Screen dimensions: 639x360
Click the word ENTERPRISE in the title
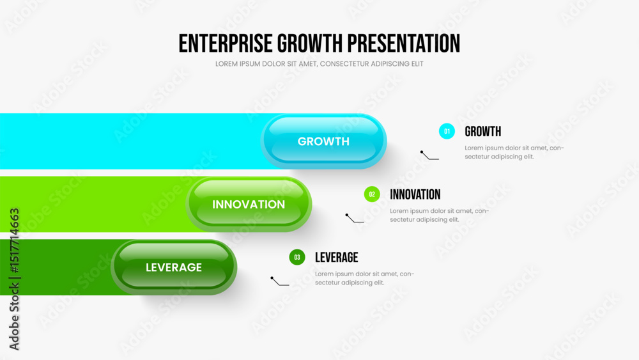point(226,43)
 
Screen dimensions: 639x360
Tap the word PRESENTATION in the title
point(403,43)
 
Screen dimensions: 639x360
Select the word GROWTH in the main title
point(310,43)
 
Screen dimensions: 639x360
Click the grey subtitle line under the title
point(319,64)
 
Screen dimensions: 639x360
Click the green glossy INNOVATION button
point(249,204)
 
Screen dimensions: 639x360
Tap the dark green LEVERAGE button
point(174,267)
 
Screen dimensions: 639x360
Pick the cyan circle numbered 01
point(447,131)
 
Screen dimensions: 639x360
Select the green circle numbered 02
point(372,194)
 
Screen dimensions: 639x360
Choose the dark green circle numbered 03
point(297,257)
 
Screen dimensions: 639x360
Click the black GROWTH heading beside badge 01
point(483,131)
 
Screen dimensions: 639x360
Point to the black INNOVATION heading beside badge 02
point(415,194)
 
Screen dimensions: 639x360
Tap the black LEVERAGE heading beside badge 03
point(337,257)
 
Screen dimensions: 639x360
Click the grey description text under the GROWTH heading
point(514,152)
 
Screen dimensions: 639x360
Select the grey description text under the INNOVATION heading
point(440,215)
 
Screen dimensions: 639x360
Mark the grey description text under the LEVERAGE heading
point(364,278)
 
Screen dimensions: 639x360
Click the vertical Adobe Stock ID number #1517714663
point(14,241)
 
